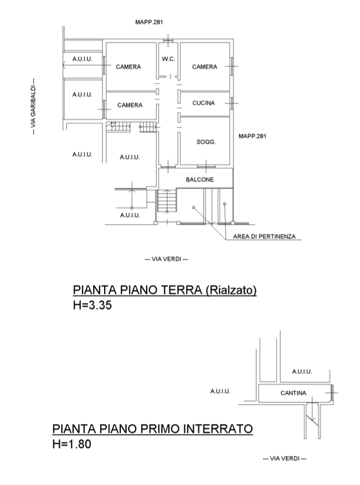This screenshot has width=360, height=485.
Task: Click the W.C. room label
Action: (168, 59)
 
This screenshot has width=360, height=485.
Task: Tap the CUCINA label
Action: (203, 103)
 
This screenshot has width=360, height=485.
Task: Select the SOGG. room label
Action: (205, 142)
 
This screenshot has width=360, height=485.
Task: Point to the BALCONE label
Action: (200, 180)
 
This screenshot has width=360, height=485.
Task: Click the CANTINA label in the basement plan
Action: (293, 394)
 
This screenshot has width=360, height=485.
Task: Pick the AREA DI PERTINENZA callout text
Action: (264, 237)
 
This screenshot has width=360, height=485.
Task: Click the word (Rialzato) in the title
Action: (231, 290)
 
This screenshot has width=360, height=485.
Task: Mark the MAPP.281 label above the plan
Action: (149, 22)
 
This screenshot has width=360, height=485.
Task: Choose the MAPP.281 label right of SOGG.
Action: (252, 136)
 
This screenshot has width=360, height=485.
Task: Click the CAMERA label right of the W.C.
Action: (205, 67)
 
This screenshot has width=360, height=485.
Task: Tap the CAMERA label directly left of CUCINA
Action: (130, 105)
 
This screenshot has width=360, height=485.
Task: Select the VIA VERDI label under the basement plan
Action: (284, 458)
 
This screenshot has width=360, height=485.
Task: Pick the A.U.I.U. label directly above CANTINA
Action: (301, 372)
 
